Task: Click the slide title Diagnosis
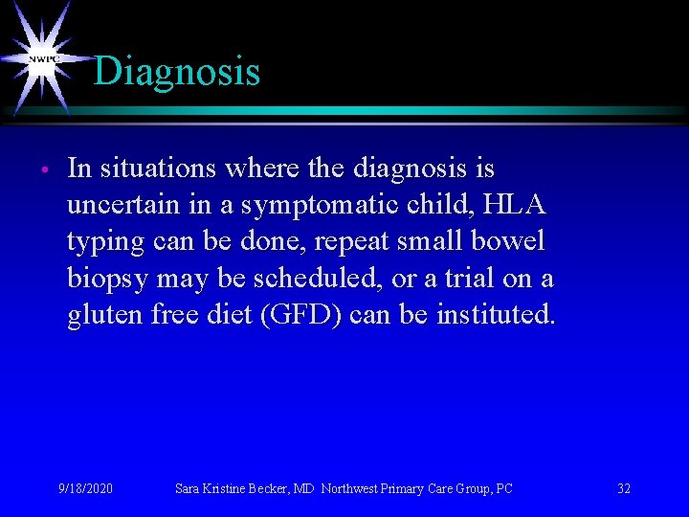(177, 72)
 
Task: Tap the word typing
(104, 242)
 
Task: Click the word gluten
(105, 315)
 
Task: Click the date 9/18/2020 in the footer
(85, 488)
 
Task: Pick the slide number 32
(624, 488)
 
